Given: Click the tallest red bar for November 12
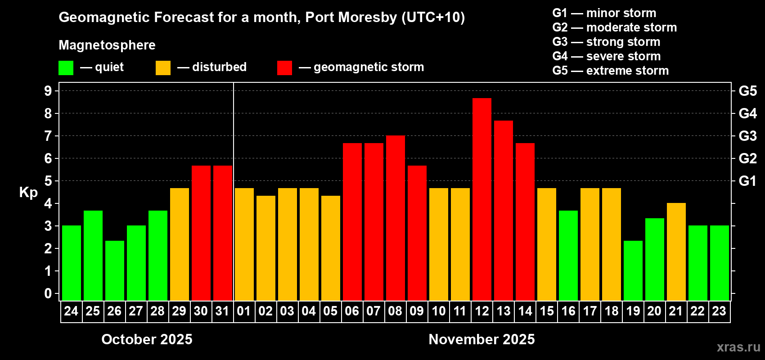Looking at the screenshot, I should pyautogui.click(x=482, y=199).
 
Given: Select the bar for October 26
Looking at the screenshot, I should pyautogui.click(x=115, y=270).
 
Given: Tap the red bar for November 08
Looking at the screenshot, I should pyautogui.click(x=396, y=218).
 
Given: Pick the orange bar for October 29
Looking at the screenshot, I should pyautogui.click(x=180, y=244).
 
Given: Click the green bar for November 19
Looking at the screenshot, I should pyautogui.click(x=633, y=270).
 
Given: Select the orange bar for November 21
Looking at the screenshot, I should pyautogui.click(x=676, y=252).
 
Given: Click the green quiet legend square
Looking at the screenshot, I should pyautogui.click(x=66, y=68).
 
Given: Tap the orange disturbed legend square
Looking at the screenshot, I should pyautogui.click(x=163, y=68).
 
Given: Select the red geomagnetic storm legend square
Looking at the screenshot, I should pyautogui.click(x=284, y=68).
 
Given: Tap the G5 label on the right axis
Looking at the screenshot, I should pyautogui.click(x=747, y=91).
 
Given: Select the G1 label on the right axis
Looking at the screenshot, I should pyautogui.click(x=747, y=181).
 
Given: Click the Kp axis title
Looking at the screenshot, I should pyautogui.click(x=28, y=193).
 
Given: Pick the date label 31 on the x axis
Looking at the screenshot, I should pyautogui.click(x=222, y=311).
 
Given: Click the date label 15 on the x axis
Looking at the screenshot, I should pyautogui.click(x=547, y=311).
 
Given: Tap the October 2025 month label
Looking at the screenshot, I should pyautogui.click(x=147, y=339).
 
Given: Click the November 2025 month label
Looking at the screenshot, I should pyautogui.click(x=481, y=339).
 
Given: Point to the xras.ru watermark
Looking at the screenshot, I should pyautogui.click(x=738, y=346).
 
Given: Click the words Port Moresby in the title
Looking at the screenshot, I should pyautogui.click(x=351, y=17).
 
